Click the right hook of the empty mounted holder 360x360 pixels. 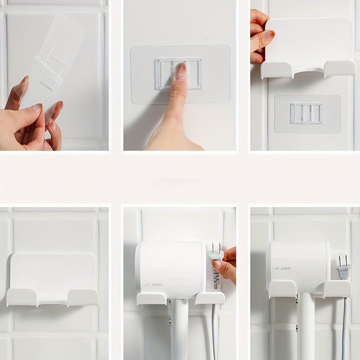coord(83,297)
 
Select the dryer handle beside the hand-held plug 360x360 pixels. coord(180,328)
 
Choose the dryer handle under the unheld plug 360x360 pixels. coord(306,328)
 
